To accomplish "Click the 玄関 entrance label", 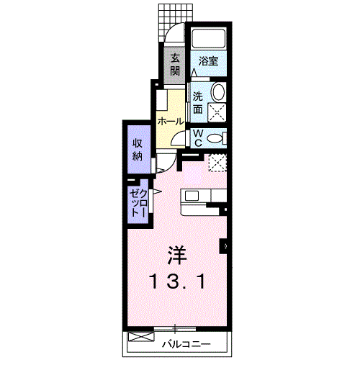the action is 175,65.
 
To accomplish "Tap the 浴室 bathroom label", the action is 208,61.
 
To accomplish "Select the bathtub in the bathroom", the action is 209,38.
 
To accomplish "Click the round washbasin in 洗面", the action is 218,91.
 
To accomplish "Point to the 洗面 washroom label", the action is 198,103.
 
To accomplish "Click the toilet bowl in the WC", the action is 215,138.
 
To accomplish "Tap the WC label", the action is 198,138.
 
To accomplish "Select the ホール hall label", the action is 171,122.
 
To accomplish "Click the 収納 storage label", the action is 138,150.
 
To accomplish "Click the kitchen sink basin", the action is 192,196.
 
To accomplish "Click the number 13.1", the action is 177,281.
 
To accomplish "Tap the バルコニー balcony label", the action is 186,344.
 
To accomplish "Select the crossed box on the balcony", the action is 140,336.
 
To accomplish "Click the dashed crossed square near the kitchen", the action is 217,163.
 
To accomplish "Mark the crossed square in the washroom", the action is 217,112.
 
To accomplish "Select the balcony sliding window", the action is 175,329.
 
